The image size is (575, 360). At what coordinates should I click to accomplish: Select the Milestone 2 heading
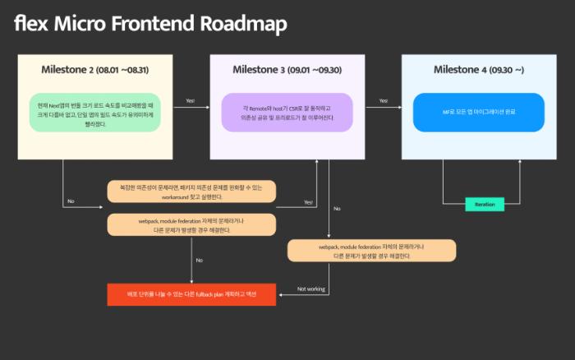[67, 70]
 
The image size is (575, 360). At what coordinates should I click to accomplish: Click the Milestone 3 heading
[260, 70]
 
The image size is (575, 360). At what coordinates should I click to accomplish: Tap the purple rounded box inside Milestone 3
[287, 112]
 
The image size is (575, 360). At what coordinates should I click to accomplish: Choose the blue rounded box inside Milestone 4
[478, 112]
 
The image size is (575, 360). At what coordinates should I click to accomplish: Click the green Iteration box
[485, 204]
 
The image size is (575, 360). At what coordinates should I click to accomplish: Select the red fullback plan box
[191, 293]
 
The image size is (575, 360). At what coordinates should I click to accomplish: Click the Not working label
[311, 289]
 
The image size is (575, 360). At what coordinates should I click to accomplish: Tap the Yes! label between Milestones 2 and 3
[191, 101]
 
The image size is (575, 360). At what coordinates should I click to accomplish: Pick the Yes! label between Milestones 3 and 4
[384, 101]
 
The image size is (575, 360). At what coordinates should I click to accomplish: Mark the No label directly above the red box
[199, 261]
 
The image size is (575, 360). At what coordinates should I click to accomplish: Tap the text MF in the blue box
[447, 112]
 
